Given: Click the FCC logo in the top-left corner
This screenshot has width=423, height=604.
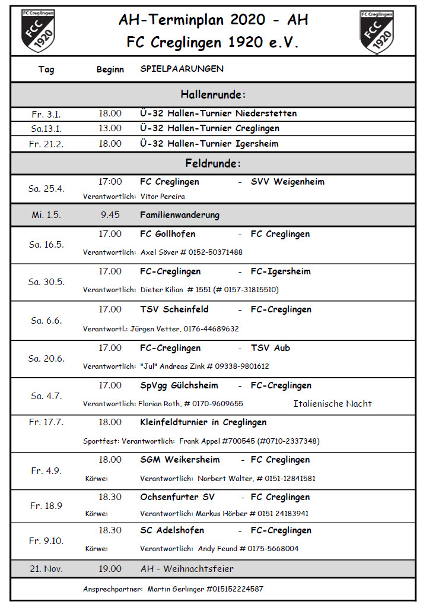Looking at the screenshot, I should click(x=38, y=31).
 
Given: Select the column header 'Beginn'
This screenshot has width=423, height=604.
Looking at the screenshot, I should click(x=110, y=69).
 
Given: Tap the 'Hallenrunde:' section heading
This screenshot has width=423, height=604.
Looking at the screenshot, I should click(x=213, y=94).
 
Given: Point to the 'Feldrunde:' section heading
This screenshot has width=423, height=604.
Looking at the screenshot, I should click(x=213, y=163).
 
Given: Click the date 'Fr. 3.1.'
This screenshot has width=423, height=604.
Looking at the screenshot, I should click(x=46, y=114).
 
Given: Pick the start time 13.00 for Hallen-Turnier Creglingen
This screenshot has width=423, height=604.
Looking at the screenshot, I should click(x=110, y=128).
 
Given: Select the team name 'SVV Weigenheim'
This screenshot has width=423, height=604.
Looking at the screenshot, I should click(x=288, y=182).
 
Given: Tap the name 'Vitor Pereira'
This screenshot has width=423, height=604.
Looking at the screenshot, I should click(x=163, y=196).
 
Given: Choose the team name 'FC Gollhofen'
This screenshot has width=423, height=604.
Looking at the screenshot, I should click(x=167, y=234).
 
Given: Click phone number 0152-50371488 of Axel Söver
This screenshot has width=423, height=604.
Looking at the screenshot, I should click(x=215, y=252).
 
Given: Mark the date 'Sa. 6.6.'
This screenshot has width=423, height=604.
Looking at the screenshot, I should click(x=46, y=321).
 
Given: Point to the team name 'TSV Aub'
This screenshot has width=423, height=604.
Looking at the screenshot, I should click(x=271, y=348).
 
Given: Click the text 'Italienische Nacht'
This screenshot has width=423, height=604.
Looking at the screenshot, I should click(x=332, y=404).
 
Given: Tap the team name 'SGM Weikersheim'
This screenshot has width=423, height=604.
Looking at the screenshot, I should click(x=180, y=460).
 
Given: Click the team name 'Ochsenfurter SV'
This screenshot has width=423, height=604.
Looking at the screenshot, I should click(x=177, y=497).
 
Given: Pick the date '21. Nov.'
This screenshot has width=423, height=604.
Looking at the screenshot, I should click(x=46, y=569).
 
